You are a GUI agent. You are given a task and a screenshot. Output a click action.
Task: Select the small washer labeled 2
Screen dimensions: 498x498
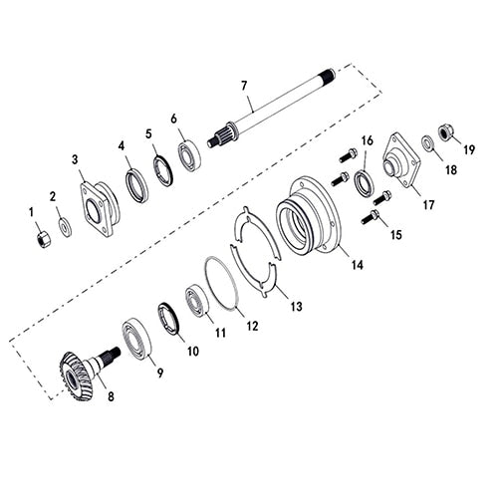[65, 228]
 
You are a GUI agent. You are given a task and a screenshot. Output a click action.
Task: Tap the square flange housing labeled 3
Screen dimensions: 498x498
[99, 209]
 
